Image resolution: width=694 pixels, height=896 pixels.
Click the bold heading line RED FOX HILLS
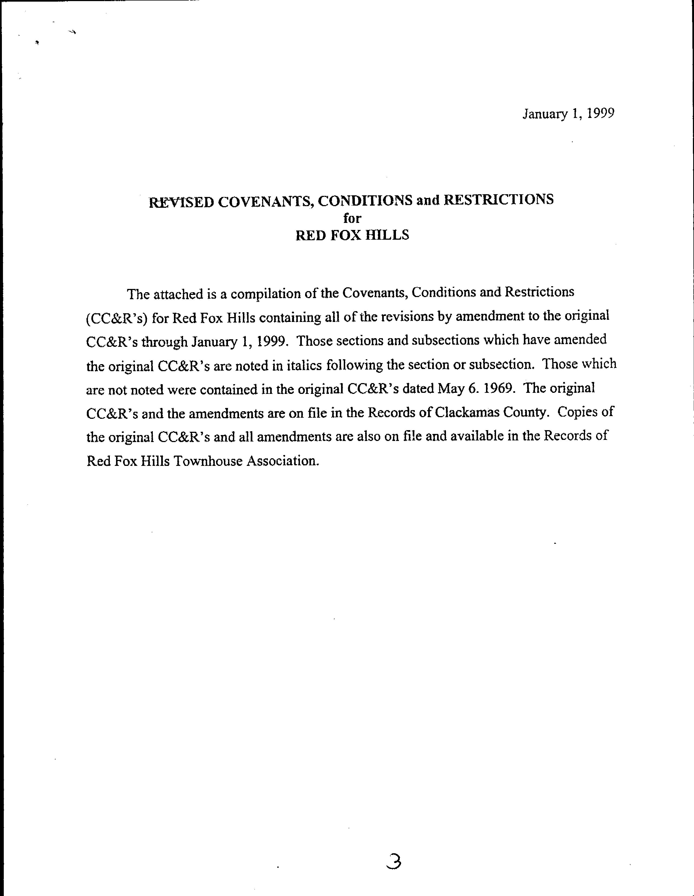[x=352, y=235]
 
